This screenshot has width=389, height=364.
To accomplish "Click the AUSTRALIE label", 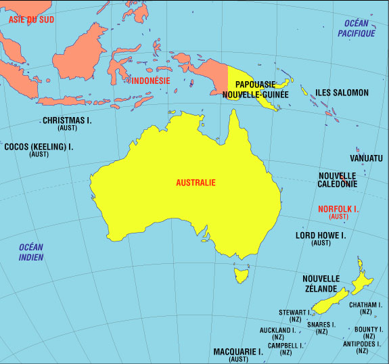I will coord(196,183).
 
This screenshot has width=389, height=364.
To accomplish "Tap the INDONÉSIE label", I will coord(149,81).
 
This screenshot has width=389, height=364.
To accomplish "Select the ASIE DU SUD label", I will coord(30,20).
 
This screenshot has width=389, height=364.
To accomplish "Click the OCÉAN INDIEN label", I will coord(31,252).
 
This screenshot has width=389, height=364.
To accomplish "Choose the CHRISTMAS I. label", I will coord(67,121).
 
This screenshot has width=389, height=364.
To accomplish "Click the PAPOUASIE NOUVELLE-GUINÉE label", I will coord(256,90).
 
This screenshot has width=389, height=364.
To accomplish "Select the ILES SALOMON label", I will coord(342,93).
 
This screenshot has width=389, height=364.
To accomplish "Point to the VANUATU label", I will coord(366,158).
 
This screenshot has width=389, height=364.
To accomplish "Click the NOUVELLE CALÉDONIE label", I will coord(338,179).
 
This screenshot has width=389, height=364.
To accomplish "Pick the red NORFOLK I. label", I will coord(338,210).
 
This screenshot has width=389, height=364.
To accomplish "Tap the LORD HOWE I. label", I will coord(321,236).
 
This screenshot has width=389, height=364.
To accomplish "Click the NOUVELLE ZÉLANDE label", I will coord(321,283).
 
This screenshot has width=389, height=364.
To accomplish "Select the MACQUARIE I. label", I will coord(238,352).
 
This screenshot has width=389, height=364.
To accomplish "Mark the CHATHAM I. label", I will coord(366,305).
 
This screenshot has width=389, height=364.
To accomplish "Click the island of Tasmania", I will coord(238,275).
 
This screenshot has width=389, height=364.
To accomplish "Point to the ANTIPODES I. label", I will coord(363,344).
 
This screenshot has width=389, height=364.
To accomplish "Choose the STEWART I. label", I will coord(296,313).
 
